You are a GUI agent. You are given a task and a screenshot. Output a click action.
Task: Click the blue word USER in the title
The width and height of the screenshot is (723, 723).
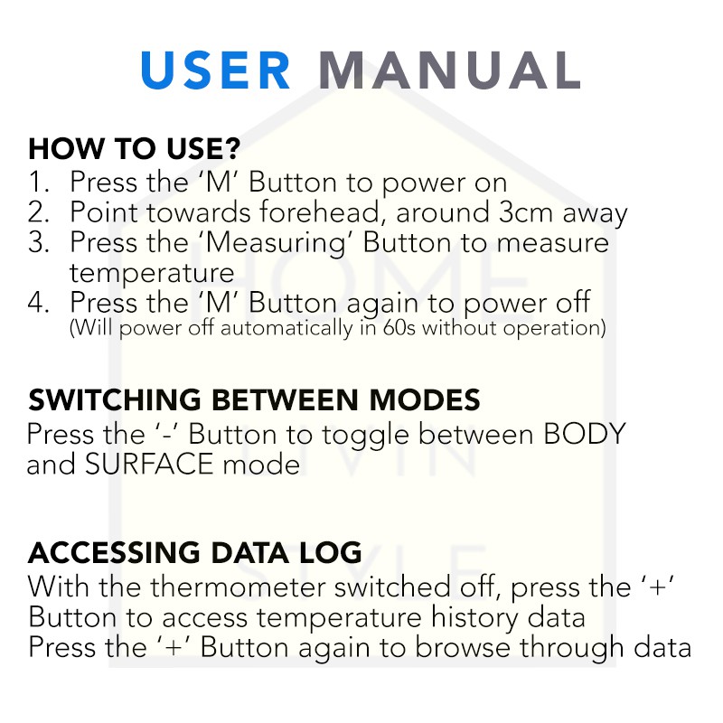(216, 70)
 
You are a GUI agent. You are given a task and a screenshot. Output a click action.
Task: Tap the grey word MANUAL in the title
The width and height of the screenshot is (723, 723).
(449, 70)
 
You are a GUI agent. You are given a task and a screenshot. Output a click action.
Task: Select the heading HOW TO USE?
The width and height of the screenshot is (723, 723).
(134, 148)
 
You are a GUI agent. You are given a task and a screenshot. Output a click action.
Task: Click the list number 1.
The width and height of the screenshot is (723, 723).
(38, 182)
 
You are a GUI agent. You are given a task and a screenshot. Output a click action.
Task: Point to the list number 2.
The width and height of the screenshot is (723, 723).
(38, 212)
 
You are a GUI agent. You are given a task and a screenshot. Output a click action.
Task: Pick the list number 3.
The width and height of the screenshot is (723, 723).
(38, 242)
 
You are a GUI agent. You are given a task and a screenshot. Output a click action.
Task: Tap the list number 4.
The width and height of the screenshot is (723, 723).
(38, 303)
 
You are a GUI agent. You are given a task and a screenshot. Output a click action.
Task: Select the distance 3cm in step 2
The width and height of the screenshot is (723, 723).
(526, 212)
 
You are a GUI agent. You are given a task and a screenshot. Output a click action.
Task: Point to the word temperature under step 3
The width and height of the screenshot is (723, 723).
(152, 274)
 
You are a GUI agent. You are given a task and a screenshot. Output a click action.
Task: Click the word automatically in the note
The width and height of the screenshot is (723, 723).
(286, 329)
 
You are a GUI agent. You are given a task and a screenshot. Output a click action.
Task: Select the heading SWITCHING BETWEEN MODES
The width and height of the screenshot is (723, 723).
(254, 399)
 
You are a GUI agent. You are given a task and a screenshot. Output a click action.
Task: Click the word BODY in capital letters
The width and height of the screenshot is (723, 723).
(585, 434)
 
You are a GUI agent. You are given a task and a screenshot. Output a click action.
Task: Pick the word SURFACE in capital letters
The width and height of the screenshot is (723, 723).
(149, 464)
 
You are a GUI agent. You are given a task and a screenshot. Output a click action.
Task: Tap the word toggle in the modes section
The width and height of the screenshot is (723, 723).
(366, 436)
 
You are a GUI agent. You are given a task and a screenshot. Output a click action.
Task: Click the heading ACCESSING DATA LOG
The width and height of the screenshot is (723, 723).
(195, 552)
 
